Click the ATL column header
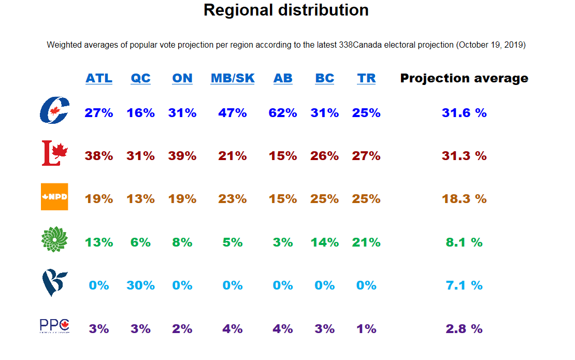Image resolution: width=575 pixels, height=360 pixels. (99, 78)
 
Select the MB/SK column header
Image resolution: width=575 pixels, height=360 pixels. (233, 78)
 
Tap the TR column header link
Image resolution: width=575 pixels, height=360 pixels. (366, 78)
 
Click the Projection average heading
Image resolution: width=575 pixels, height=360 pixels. (464, 78)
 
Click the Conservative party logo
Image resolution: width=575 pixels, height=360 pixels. (54, 110)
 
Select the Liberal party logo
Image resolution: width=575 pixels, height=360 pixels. (55, 153)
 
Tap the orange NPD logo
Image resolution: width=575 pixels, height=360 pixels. (54, 197)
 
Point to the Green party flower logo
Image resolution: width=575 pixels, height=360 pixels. (54, 240)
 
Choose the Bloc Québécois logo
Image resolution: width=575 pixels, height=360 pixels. (54, 283)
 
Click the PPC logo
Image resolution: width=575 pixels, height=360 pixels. (54, 326)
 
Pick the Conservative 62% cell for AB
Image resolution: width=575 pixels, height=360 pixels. (283, 113)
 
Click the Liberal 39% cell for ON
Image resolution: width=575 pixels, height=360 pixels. (182, 156)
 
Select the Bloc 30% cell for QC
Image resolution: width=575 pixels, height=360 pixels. (140, 285)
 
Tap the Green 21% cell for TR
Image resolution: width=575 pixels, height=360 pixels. (366, 242)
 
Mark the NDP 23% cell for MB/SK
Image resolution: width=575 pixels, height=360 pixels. (233, 199)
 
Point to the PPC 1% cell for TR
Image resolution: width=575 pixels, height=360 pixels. (366, 329)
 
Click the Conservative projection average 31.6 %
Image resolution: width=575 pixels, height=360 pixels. (464, 113)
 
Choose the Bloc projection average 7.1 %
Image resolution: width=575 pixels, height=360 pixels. (464, 285)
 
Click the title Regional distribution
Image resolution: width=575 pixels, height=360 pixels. (286, 10)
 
